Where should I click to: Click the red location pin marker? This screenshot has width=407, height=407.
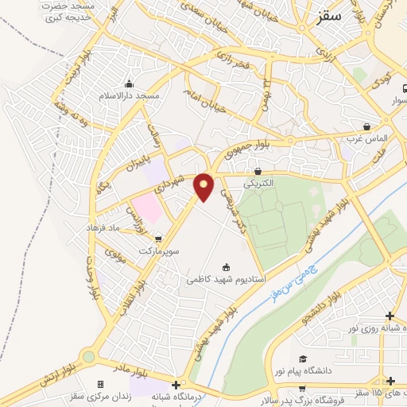pyautogui.click(x=204, y=187)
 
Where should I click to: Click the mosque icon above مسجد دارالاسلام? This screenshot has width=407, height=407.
pyautogui.click(x=129, y=84)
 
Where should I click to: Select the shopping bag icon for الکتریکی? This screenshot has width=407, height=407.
pyautogui.click(x=258, y=171)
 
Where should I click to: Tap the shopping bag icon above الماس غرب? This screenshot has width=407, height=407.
pyautogui.click(x=366, y=126)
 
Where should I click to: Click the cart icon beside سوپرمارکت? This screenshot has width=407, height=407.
pyautogui.click(x=158, y=238)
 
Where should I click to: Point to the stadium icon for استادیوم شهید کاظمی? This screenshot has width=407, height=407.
pyautogui.click(x=226, y=267)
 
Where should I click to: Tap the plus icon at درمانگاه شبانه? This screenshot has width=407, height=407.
pyautogui.click(x=176, y=385)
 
